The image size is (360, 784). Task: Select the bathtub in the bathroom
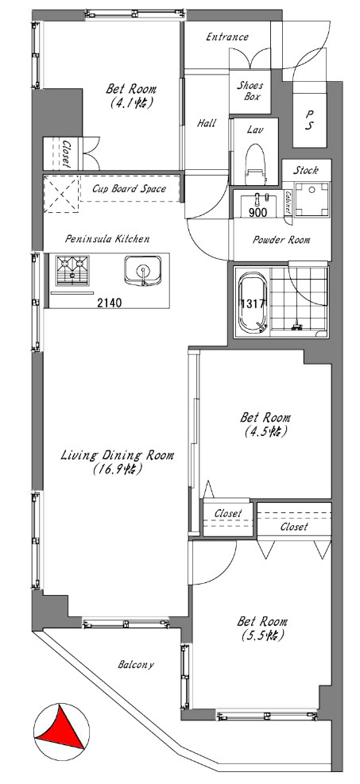(x=254, y=302)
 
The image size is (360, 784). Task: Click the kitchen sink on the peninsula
(x=144, y=271)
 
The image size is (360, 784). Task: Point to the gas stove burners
(x=72, y=270)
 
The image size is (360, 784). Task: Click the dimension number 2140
(x=109, y=302)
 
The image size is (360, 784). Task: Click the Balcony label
(x=136, y=665)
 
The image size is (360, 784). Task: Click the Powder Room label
(x=281, y=240)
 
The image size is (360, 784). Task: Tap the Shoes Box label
(x=250, y=91)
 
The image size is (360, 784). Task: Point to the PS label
(x=309, y=121)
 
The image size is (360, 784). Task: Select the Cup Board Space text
(x=129, y=189)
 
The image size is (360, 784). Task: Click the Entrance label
(x=227, y=37)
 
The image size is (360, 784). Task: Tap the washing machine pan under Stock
(x=312, y=199)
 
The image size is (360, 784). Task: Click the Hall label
(x=206, y=123)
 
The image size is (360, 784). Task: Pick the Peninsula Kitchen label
(x=107, y=239)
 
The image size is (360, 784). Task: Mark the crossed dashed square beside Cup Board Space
(x=61, y=194)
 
